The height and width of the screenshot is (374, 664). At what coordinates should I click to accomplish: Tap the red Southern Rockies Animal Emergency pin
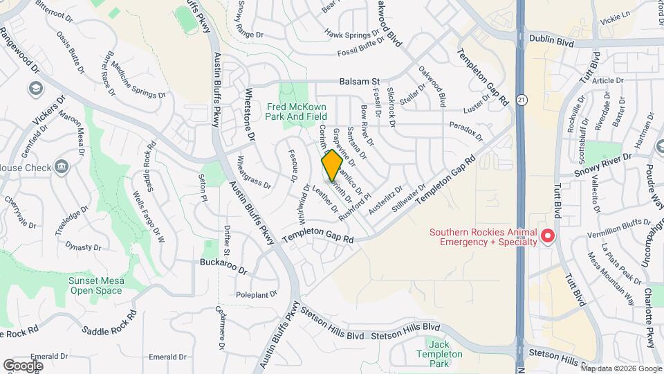coord(547,236)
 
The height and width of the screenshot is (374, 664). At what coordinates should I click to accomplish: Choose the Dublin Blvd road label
coord(551,42)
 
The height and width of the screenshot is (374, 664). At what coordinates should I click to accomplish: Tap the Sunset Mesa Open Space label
coord(95,285)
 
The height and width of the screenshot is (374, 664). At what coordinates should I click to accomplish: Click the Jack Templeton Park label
coord(444,349)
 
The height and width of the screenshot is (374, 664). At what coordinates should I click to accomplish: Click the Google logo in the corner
coord(23,365)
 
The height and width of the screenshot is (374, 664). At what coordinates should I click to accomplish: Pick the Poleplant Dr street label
coord(256,294)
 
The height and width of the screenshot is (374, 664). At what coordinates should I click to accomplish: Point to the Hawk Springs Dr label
coord(353,33)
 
